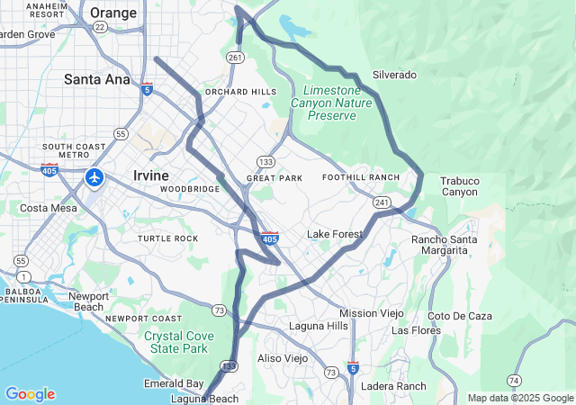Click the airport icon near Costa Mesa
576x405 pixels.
94,177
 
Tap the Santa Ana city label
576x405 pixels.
96,79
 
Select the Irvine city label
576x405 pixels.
154,174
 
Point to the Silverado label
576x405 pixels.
394,75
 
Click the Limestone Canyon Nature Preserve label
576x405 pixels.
331,103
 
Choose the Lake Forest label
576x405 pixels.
335,234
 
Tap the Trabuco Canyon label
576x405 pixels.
460,186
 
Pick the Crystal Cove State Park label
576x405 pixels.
178,342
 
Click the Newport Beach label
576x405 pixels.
88,301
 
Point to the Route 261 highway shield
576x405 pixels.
235,58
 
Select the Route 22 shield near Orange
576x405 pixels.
101,28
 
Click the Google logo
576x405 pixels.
30,394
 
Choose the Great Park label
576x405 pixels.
274,178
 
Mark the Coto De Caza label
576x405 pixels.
460,316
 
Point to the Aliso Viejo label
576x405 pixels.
283,358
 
